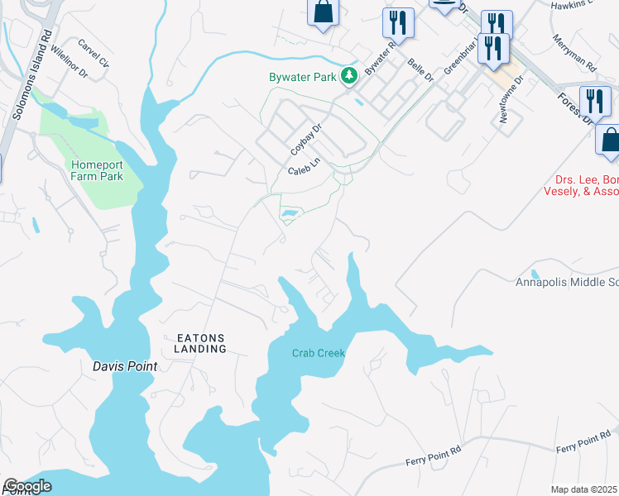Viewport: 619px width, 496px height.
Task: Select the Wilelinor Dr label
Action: pyautogui.click(x=68, y=60)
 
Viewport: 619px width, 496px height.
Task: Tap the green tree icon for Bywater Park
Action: pyautogui.click(x=350, y=76)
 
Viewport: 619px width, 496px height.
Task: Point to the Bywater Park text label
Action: pyautogui.click(x=302, y=77)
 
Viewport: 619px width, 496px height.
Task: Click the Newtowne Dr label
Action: pyautogui.click(x=510, y=100)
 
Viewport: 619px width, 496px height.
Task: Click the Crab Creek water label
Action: pyautogui.click(x=318, y=353)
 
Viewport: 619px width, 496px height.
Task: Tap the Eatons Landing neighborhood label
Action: pyautogui.click(x=201, y=343)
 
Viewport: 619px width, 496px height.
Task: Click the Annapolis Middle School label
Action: pyautogui.click(x=567, y=282)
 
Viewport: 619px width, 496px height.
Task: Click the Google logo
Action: pyautogui.click(x=28, y=486)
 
